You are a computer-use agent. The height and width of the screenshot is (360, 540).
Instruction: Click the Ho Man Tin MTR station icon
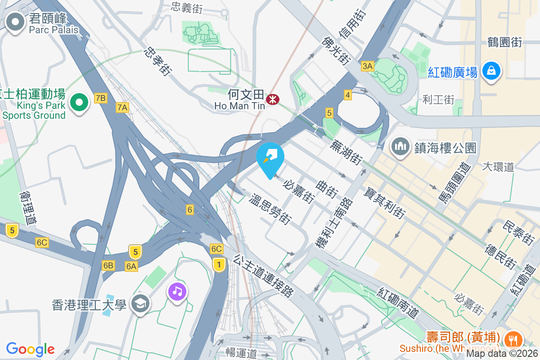[x=272, y=99]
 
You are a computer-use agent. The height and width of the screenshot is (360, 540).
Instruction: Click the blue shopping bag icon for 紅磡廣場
[x=491, y=71]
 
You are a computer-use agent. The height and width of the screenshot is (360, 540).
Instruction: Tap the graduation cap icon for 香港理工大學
[x=140, y=305]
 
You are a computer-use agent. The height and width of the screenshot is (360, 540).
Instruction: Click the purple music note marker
[x=178, y=291]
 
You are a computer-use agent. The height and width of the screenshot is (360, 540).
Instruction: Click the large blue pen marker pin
[x=270, y=157]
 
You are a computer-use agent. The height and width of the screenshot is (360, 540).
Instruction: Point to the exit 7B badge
[x=101, y=98]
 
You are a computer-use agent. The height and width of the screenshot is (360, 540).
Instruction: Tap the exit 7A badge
[x=122, y=107]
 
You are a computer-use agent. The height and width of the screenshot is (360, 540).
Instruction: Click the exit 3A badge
[x=367, y=66]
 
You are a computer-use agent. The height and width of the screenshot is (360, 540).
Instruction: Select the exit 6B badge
[x=108, y=265]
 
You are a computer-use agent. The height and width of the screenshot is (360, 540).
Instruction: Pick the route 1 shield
[x=219, y=264]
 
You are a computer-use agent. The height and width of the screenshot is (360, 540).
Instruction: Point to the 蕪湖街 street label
[x=346, y=152]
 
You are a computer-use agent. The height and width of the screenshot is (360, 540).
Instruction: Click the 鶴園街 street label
[x=504, y=42]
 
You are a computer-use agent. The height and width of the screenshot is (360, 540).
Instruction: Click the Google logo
[x=30, y=349]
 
